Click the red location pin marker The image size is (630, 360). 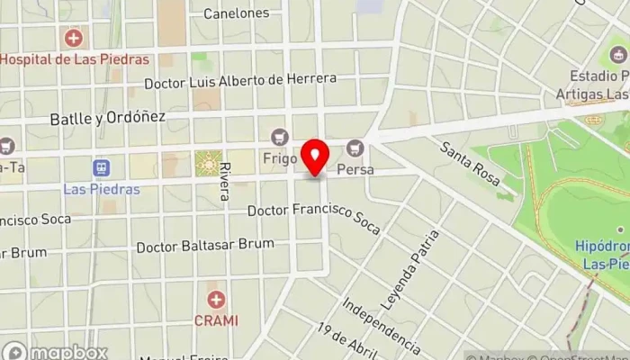click(x=315, y=157)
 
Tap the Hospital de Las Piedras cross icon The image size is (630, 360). click(x=73, y=39)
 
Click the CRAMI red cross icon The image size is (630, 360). click(x=216, y=300)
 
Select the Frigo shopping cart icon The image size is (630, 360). click(x=279, y=137)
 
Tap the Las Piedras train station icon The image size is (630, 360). click(x=101, y=168)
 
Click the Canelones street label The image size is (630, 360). click(x=236, y=13)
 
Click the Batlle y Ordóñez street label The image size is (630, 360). click(x=94, y=117)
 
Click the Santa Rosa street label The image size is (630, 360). click(x=471, y=163)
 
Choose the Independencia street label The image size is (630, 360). click(x=381, y=321)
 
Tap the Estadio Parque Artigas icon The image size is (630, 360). click(x=617, y=55)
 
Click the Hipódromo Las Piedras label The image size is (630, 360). click(x=602, y=254)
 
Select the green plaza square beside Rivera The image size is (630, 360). click(x=208, y=163)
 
